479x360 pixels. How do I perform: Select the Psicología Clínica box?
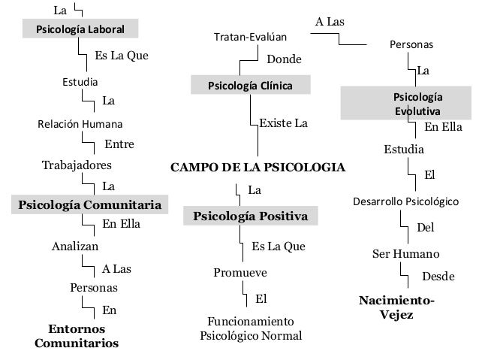tap(251, 85)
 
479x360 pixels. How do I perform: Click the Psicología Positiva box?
tap(251, 216)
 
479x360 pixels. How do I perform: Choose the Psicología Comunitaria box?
tap(89, 204)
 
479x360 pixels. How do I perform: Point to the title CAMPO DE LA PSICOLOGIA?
tap(259, 167)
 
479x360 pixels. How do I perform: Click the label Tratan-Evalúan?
tap(251, 36)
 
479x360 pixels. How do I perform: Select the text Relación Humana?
tap(80, 123)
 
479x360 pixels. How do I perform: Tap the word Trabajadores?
tap(77, 164)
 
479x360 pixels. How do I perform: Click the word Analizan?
tap(75, 246)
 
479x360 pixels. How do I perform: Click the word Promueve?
tap(240, 272)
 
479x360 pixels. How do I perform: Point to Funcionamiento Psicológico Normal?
tap(251, 328)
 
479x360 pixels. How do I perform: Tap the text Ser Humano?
tap(406, 253)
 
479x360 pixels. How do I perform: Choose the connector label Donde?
tap(285, 59)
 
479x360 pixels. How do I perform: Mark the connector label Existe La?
tap(283, 122)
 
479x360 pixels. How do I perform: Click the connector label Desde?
tap(438, 277)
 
